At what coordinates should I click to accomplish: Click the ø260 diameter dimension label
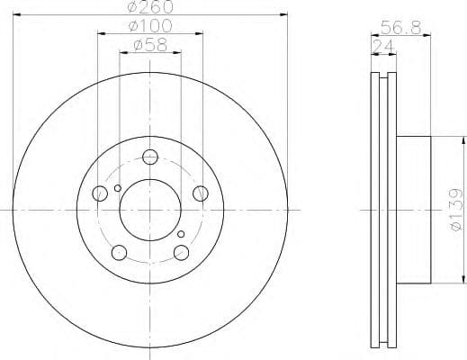coord(150,7)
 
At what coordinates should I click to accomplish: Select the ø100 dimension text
coord(150,26)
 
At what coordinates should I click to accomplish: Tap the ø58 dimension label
coord(150,45)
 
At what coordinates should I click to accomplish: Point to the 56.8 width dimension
coord(401,28)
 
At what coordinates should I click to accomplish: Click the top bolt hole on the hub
coord(149,155)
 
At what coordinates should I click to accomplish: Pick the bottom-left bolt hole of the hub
coord(119,252)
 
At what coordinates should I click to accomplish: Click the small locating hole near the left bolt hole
coord(117,188)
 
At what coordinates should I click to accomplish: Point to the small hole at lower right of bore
coord(181,235)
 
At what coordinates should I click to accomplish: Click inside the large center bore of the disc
coord(150,210)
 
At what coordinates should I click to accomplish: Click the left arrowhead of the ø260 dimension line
coord(16,14)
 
